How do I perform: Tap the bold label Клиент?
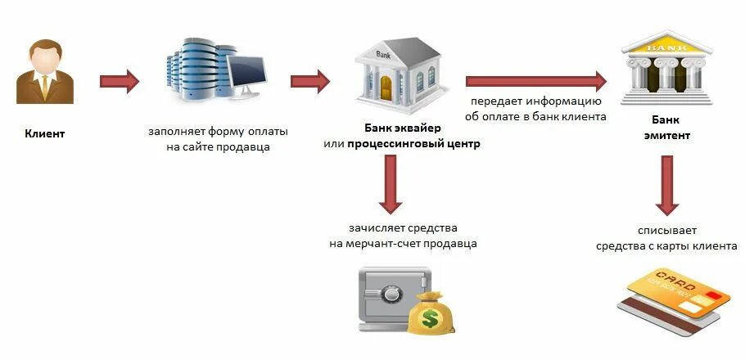44,133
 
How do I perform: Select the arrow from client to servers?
120,81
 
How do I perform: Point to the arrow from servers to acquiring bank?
309,81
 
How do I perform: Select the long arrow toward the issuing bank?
535,81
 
